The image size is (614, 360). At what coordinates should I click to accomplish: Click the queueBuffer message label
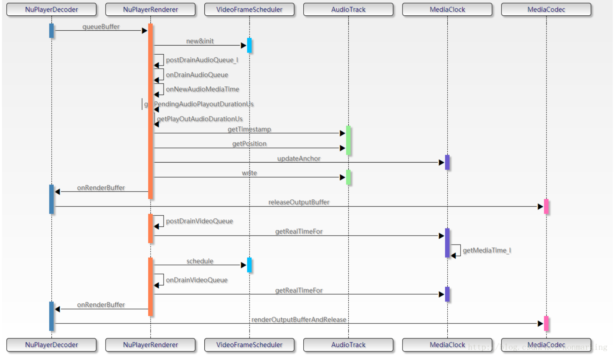tap(101, 27)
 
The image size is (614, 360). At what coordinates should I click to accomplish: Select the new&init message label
tap(200, 41)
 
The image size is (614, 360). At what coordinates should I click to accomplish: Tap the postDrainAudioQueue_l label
tap(202, 60)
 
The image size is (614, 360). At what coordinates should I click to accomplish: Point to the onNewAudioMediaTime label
tap(202, 90)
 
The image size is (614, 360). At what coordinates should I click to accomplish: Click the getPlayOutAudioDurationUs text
tap(200, 119)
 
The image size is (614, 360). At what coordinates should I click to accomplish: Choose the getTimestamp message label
tap(249, 130)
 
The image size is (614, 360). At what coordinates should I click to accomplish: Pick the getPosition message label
tap(249, 144)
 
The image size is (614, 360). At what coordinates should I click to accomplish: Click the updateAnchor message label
tap(299, 159)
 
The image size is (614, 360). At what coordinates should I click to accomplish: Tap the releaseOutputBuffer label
tap(299, 202)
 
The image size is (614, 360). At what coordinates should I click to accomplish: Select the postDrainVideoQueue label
tap(199, 221)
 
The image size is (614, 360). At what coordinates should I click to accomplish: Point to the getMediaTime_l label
tap(486, 250)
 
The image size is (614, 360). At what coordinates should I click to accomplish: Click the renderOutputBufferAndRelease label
tap(299, 320)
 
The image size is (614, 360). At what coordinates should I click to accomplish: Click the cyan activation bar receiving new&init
tap(249, 46)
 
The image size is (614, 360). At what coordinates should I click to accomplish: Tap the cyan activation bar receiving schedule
tap(249, 265)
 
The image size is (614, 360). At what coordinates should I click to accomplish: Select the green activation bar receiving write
tap(348, 177)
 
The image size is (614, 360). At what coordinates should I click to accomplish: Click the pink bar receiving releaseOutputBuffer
tap(546, 206)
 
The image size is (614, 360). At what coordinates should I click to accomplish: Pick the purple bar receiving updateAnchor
tap(447, 163)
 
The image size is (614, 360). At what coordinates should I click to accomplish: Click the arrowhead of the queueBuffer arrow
tap(144, 31)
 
